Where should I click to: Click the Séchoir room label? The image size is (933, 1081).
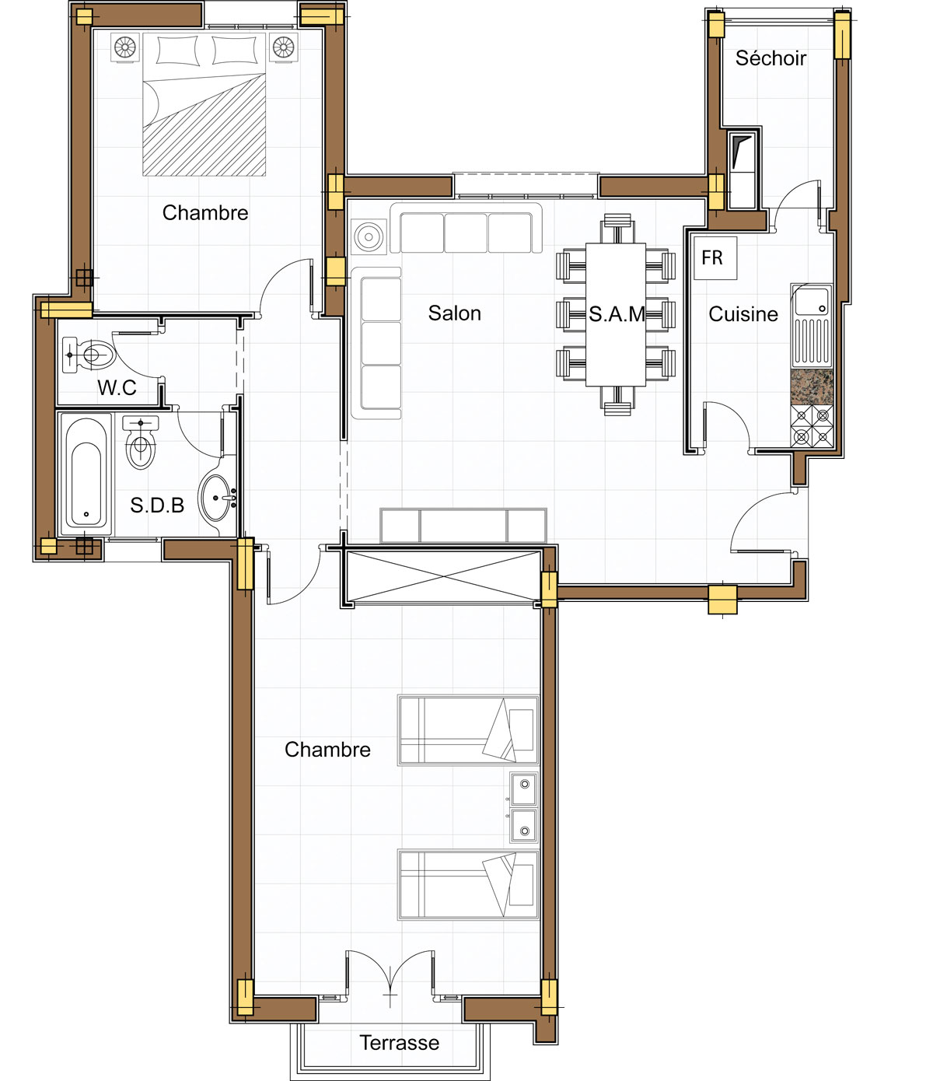771,58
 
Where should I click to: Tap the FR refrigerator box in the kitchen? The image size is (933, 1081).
715,258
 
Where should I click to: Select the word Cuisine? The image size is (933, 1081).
743,313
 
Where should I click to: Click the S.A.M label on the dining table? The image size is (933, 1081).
617,313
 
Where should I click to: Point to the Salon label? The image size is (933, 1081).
455,313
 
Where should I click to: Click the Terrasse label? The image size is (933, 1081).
399,1042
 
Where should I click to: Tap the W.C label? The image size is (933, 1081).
117,387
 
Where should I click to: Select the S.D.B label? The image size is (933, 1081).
157,506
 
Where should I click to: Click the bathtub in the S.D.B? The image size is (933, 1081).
86,474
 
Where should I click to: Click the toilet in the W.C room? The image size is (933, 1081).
89,355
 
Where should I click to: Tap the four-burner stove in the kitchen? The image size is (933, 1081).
812,425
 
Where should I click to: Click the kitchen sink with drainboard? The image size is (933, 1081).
812,326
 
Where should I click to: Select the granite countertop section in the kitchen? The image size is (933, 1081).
812,387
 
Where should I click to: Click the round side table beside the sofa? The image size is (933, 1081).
369,236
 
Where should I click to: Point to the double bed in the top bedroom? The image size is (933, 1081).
204,104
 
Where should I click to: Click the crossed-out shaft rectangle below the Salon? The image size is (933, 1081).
443,576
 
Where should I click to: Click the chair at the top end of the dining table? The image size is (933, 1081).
617,228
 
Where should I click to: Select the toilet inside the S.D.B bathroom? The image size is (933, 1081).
140,443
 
